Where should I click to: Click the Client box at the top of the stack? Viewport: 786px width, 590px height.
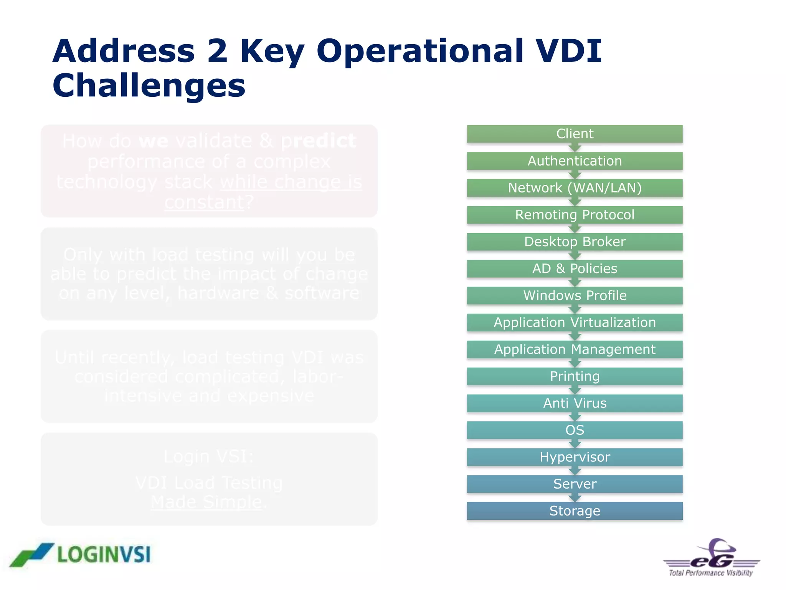tap(575, 134)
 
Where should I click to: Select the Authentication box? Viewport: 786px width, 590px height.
tap(575, 161)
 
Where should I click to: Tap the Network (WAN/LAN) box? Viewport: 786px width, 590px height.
tap(575, 188)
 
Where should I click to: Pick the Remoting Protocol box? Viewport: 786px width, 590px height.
tap(575, 215)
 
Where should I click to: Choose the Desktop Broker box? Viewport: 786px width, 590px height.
tap(575, 242)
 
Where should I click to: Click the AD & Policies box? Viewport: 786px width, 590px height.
tap(575, 268)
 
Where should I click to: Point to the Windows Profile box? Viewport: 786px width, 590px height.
tap(575, 295)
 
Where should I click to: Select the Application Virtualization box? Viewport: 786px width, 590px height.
tap(575, 322)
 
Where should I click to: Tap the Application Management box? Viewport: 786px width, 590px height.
tap(575, 349)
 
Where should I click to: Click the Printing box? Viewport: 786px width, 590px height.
tap(575, 376)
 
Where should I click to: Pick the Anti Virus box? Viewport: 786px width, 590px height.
tap(575, 403)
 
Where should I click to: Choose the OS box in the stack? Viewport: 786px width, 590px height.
tap(575, 430)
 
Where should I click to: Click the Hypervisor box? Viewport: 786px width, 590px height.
tap(575, 457)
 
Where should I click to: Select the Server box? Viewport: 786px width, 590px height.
tap(575, 484)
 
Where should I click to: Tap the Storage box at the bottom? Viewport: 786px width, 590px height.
tap(575, 511)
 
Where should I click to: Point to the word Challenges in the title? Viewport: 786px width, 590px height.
tap(149, 86)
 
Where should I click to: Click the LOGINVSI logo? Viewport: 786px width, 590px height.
tap(81, 555)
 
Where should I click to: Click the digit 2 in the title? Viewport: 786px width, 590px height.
tap(217, 51)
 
